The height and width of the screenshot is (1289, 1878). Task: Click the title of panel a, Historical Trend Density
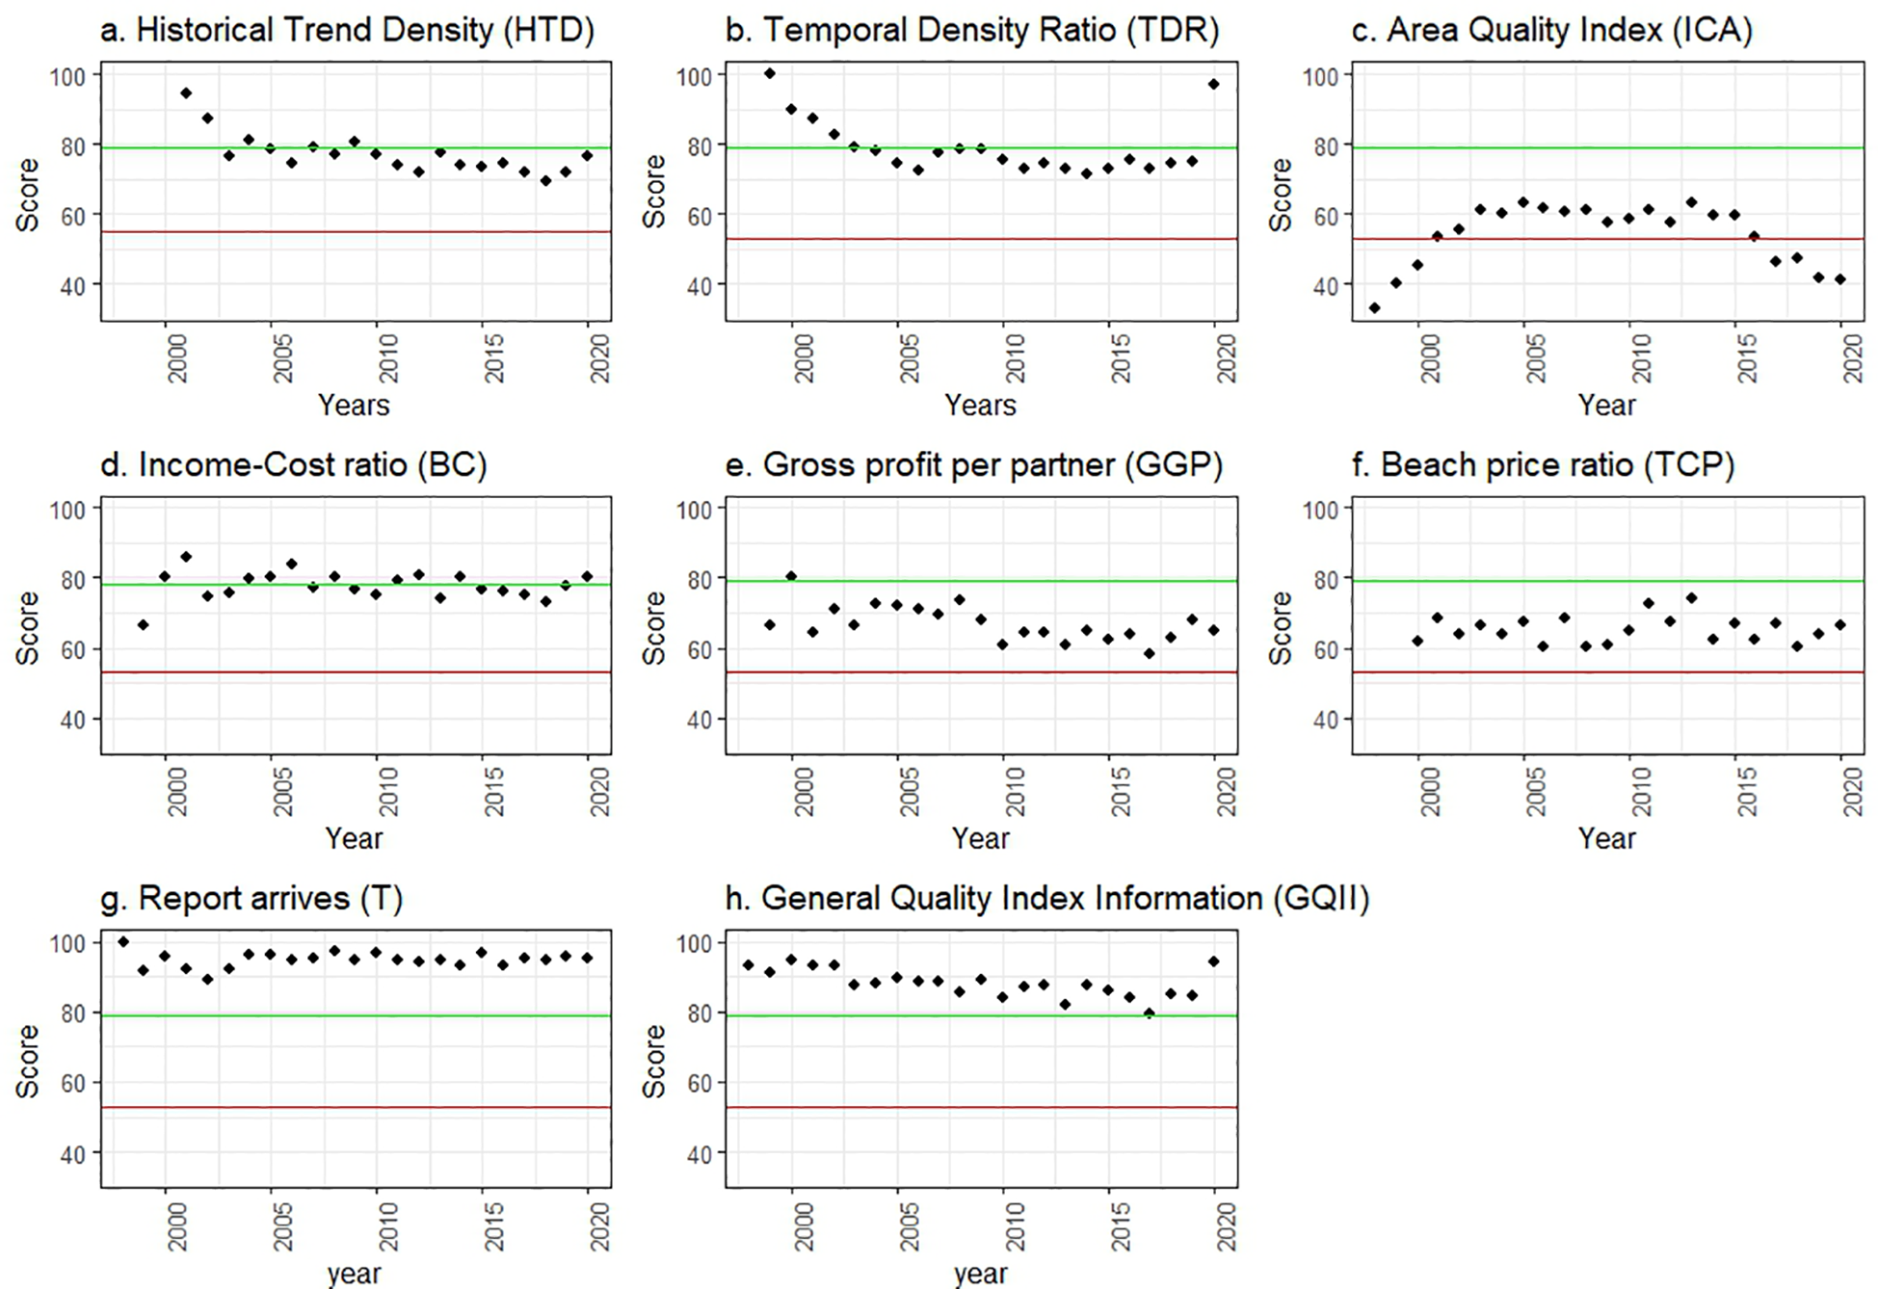click(347, 30)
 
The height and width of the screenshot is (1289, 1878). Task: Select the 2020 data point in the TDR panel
click(1214, 85)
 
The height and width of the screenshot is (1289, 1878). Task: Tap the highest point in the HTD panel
click(186, 93)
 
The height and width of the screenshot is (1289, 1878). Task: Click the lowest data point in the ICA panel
click(1374, 308)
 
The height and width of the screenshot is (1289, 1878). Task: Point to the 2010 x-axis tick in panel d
click(387, 792)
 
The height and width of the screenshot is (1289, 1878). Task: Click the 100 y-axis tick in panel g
click(73, 943)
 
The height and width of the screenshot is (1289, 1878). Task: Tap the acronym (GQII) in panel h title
click(1319, 899)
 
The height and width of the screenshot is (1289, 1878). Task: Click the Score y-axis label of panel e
click(654, 628)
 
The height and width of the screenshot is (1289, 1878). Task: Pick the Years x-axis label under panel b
click(980, 405)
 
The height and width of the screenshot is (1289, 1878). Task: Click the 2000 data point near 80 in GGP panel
click(791, 576)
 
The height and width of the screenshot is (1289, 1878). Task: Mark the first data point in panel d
click(144, 625)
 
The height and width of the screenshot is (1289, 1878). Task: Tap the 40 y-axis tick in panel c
click(1326, 286)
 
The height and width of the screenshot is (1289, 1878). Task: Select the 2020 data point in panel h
click(1214, 961)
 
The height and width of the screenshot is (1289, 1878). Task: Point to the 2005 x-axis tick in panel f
click(1535, 792)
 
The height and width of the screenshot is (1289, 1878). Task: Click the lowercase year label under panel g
click(354, 1273)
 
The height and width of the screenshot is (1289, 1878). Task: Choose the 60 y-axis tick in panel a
click(73, 216)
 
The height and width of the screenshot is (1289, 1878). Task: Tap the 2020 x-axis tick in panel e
click(1226, 792)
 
